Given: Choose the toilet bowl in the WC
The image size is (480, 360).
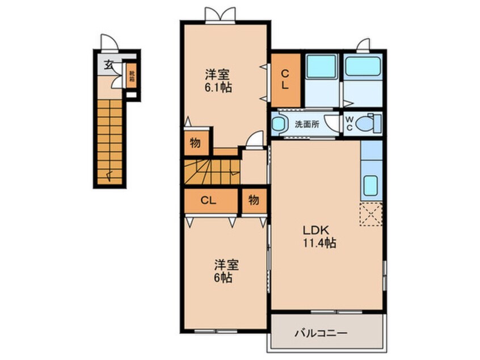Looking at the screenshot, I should [369, 123].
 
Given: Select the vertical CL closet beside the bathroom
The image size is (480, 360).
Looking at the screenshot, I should [285, 79].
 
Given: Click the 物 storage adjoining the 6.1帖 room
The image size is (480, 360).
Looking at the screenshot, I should [195, 144].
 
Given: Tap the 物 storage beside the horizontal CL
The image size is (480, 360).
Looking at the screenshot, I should [254, 200].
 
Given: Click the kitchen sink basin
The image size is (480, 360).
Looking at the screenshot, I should [371, 185].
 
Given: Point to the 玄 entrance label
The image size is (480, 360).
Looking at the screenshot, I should [107, 64].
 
